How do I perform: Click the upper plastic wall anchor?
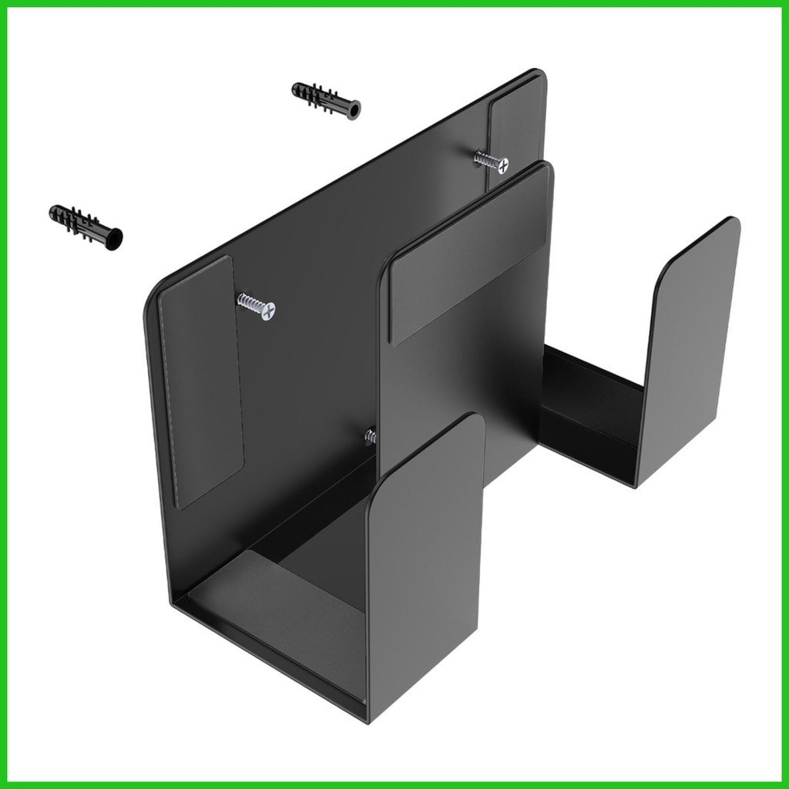326,100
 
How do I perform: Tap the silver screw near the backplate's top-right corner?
491,160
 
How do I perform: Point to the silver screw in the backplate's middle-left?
256,306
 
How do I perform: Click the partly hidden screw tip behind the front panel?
371,437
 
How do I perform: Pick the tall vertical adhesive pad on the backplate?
200,382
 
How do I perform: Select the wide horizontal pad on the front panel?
470,254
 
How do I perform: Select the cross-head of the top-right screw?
502,164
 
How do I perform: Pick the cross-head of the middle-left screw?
267,311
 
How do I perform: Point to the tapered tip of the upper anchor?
297,89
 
